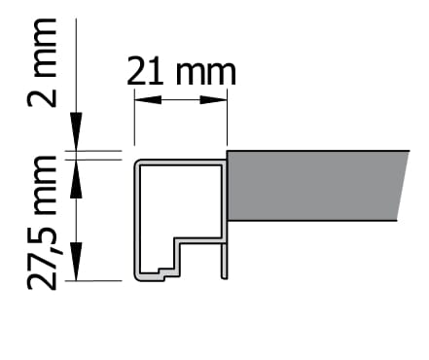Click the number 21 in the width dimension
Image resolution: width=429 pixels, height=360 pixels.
tap(145, 71)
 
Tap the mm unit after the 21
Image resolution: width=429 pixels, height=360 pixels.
tap(206, 73)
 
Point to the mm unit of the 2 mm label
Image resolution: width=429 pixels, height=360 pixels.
tap(45, 48)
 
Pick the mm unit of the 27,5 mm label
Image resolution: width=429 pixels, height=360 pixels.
tap(45, 186)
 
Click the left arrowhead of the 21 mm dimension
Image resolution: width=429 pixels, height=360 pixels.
tap(148, 99)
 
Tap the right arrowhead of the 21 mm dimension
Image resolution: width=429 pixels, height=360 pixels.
tap(213, 99)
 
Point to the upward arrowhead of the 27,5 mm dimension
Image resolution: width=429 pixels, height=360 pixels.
tap(76, 179)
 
